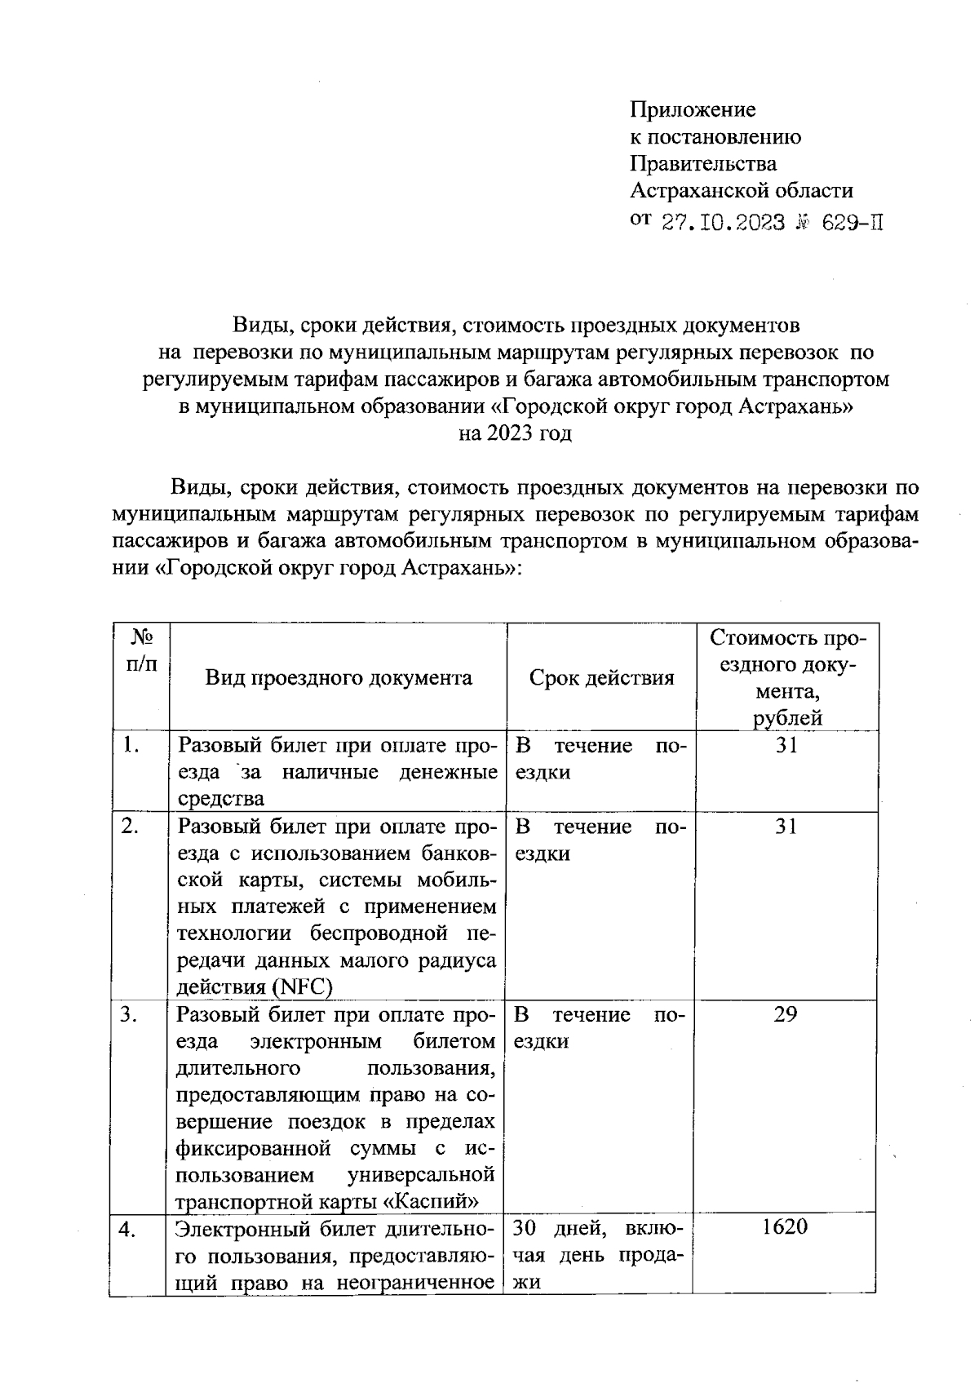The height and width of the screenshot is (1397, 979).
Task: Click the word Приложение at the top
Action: [693, 109]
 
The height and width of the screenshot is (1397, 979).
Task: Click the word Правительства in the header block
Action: [702, 164]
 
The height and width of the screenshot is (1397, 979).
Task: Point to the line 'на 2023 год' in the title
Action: [515, 433]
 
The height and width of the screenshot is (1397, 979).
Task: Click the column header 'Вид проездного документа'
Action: [338, 678]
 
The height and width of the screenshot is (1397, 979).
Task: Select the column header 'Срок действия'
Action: [601, 678]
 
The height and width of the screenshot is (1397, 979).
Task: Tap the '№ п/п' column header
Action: [139, 650]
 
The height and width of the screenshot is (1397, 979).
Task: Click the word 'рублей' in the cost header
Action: [787, 718]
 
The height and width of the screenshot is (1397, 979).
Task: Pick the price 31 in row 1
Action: [786, 745]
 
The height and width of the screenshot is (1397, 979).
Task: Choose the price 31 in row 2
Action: [786, 827]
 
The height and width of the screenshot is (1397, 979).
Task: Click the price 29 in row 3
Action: [785, 1014]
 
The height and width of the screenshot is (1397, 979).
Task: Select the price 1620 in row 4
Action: [784, 1226]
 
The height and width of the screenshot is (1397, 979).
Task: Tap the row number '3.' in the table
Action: [129, 1015]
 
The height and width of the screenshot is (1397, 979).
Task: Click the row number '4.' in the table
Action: [127, 1230]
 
